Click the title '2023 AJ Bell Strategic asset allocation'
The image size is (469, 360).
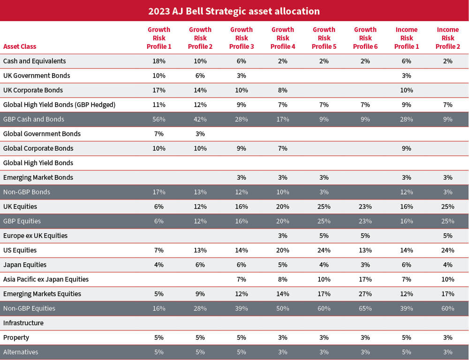[234, 11]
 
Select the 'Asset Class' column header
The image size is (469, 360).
[20, 46]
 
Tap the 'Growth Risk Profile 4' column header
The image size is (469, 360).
[283, 38]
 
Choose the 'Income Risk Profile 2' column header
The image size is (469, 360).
[447, 38]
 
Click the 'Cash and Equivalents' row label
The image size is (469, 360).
[35, 61]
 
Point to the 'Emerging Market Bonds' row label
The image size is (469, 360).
[38, 177]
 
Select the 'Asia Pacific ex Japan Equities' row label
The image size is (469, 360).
[46, 279]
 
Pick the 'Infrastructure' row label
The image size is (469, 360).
[23, 323]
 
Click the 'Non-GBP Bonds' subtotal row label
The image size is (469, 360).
[27, 192]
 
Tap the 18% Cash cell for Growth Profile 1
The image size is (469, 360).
[159, 61]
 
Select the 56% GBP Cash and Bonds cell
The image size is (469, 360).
[159, 119]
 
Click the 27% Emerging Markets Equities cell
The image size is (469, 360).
[365, 294]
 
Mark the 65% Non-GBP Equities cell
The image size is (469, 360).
[365, 308]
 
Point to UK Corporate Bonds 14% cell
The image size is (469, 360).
[200, 90]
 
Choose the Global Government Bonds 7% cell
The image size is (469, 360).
[159, 134]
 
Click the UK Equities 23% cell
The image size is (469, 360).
[365, 207]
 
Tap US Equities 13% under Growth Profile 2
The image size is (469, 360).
[200, 250]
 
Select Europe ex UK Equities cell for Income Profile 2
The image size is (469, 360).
[447, 236]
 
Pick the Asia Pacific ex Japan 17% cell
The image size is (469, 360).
[365, 279]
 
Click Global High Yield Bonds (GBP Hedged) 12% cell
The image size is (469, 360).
[200, 105]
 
